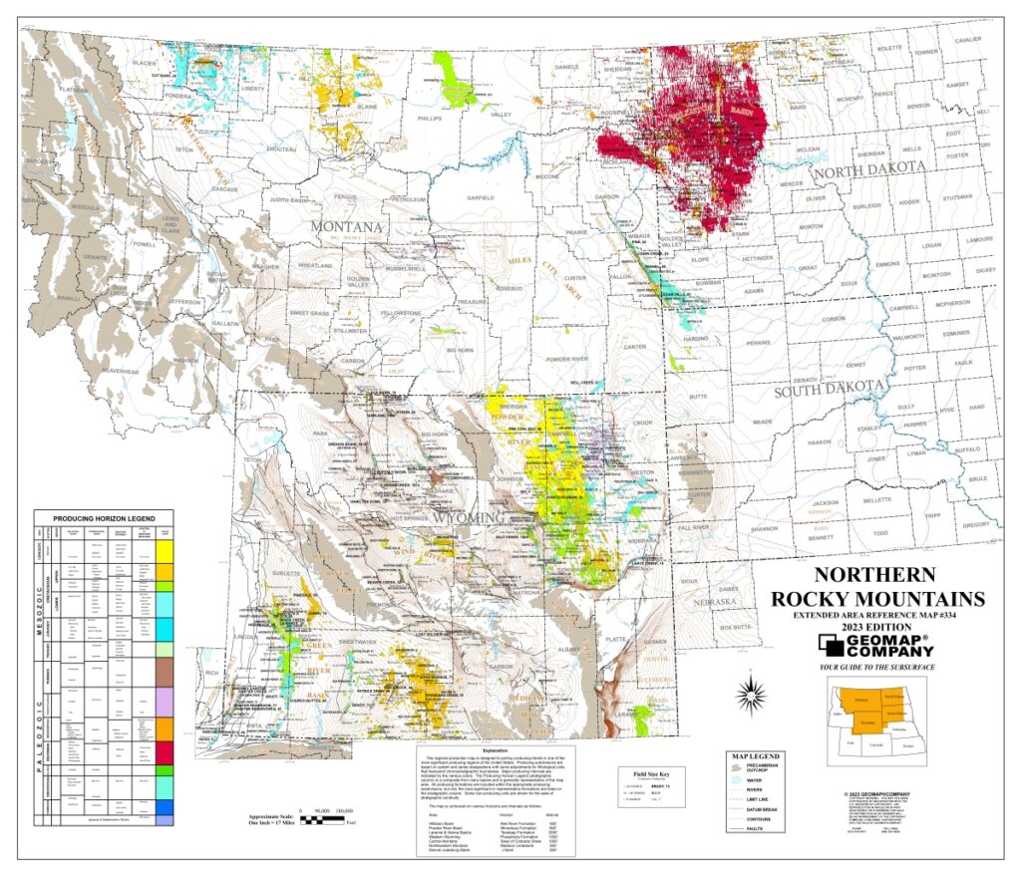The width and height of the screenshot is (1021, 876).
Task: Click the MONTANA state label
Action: [x=347, y=227]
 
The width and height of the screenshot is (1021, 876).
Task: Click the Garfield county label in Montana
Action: [x=466, y=197]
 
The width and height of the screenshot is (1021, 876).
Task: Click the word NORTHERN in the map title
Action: [x=873, y=575]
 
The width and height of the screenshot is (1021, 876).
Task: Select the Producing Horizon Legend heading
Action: [x=104, y=518]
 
